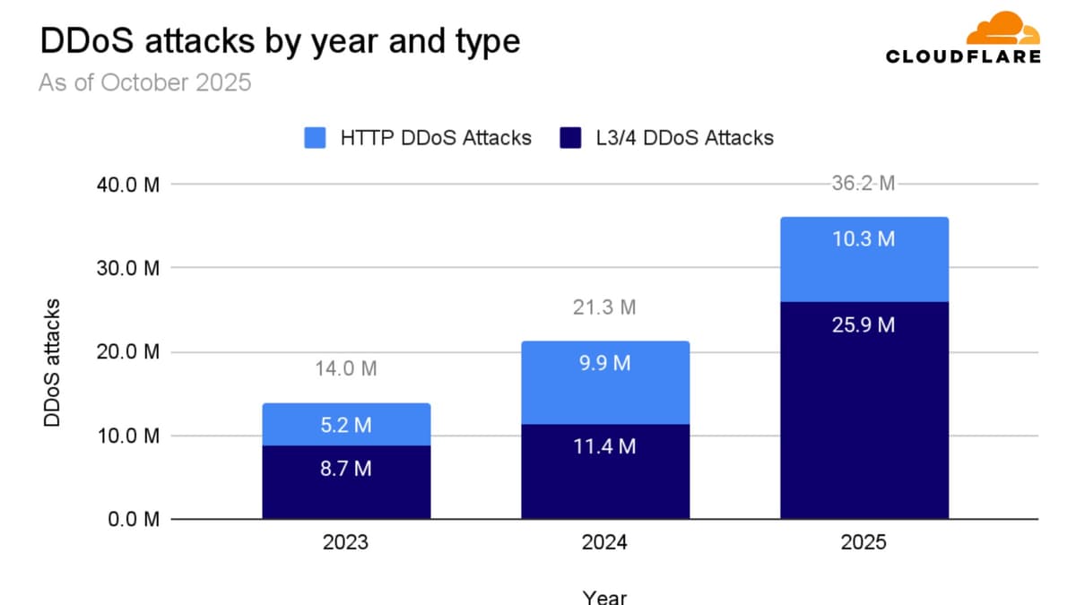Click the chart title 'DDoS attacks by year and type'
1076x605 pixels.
coord(279,41)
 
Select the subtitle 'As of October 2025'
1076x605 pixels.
coord(144,83)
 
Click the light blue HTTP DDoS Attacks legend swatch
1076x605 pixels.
coord(316,138)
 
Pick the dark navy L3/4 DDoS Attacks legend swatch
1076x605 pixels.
coord(571,138)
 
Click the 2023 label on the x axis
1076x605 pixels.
coord(346,544)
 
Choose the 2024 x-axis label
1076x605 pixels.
coord(604,544)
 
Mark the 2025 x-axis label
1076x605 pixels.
coord(863,544)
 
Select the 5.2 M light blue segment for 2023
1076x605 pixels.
coord(346,425)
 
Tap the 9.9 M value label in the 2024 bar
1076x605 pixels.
coord(604,363)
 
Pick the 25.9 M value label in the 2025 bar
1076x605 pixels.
coord(863,324)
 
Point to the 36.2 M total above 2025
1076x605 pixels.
coord(863,185)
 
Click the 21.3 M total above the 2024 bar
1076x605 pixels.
coord(604,307)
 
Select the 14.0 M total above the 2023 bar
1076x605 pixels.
coord(346,368)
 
